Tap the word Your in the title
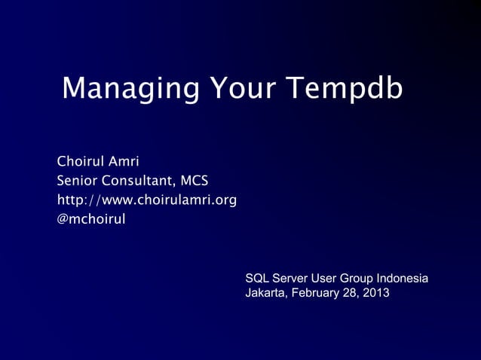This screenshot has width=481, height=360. click(x=244, y=89)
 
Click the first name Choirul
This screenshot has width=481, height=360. click(x=81, y=161)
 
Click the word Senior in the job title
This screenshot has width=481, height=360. click(x=78, y=181)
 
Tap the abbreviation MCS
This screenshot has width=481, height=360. click(x=194, y=181)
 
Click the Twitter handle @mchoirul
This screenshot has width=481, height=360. click(x=91, y=220)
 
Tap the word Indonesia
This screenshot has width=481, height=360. click(x=406, y=279)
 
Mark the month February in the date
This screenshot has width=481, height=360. click(x=316, y=293)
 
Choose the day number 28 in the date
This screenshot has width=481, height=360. click(x=351, y=293)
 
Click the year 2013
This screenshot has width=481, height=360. click(x=376, y=293)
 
